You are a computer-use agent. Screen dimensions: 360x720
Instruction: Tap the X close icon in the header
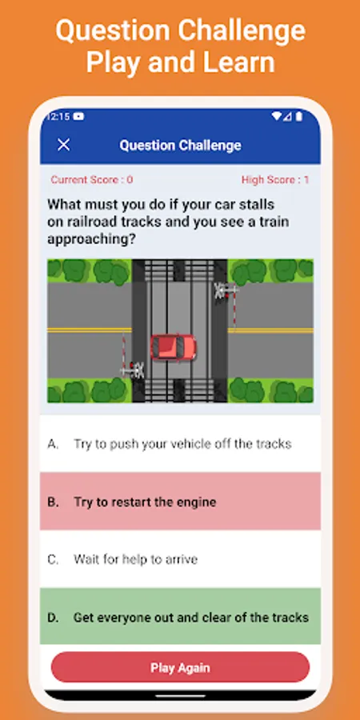[63, 145]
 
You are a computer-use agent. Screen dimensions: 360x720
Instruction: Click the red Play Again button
[180, 667]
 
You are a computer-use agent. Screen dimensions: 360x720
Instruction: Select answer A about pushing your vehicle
[180, 444]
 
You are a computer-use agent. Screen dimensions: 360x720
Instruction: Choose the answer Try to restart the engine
[180, 502]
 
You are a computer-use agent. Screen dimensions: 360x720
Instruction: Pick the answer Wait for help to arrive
[180, 559]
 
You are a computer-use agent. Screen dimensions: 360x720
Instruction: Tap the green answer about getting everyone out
[180, 617]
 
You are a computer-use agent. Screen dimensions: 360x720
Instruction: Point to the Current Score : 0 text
[92, 179]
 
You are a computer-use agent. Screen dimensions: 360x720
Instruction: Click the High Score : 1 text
[275, 179]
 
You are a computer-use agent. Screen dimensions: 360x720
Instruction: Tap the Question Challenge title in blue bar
[180, 146]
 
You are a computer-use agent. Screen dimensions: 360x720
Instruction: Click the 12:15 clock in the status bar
[58, 117]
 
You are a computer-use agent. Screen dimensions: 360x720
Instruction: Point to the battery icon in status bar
[299, 117]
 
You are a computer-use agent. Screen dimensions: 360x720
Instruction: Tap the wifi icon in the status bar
[277, 117]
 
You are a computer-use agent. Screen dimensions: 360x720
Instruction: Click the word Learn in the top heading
[239, 62]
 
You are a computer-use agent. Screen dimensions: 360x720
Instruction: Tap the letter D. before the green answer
[54, 618]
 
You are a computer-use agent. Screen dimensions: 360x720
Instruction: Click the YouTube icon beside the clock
[78, 117]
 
